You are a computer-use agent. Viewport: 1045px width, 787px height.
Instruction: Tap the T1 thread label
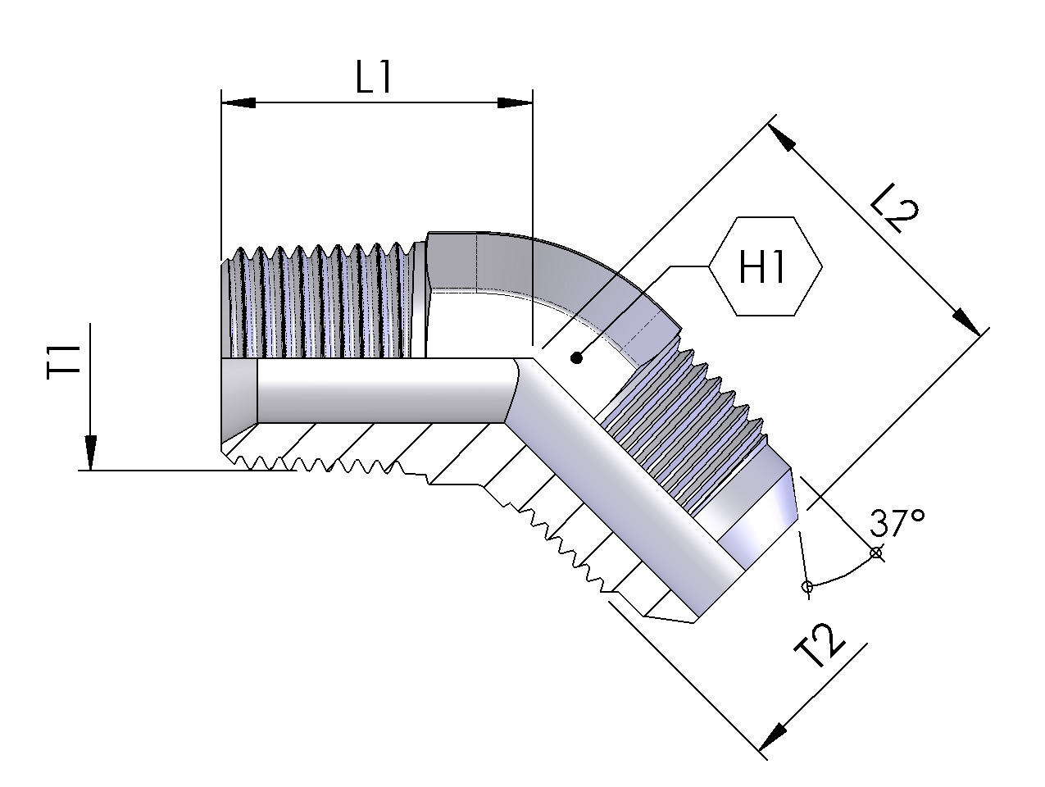(65, 360)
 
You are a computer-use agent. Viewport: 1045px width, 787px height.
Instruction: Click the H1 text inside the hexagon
(763, 267)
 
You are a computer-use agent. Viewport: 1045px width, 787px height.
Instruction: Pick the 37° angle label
(898, 522)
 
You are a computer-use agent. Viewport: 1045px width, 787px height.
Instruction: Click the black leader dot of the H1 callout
(577, 357)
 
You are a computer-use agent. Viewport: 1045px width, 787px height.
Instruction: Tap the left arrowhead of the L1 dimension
(239, 102)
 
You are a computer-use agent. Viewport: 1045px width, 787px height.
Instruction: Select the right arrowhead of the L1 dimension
(516, 102)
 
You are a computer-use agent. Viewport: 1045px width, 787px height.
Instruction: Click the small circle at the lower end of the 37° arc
(806, 586)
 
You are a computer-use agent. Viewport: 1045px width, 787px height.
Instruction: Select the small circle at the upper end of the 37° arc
(876, 553)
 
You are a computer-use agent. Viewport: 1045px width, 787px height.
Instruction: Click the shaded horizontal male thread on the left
(320, 303)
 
